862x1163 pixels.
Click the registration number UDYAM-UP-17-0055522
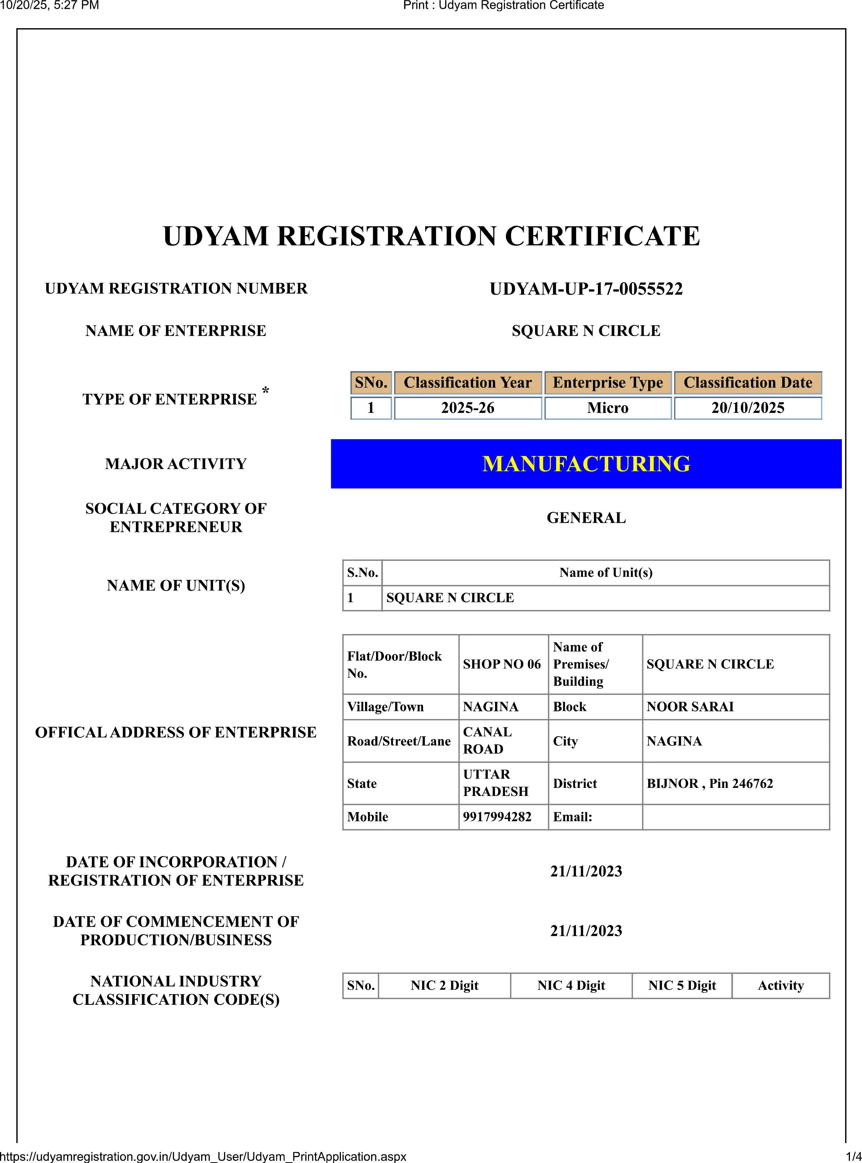point(586,289)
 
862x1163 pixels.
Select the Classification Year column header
point(468,383)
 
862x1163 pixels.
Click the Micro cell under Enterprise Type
point(608,408)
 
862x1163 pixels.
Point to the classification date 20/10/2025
point(747,408)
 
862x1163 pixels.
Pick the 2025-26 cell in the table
point(468,408)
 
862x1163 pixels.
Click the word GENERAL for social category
point(586,518)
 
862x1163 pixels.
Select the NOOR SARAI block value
point(690,707)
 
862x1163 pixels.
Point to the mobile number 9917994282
point(497,817)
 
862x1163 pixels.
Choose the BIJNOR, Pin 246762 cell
point(710,784)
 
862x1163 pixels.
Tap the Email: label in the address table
point(572,817)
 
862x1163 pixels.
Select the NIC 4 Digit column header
point(571,985)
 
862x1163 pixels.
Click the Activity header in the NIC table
point(781,985)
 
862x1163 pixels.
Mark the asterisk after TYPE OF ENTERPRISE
point(265,391)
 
